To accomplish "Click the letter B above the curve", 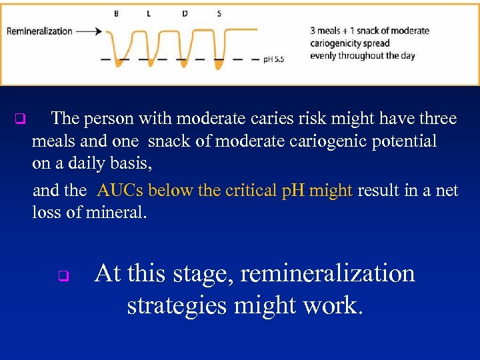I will click(x=117, y=13).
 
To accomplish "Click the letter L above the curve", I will click(x=148, y=13).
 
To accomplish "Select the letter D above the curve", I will click(x=185, y=13).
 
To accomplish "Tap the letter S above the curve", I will click(x=219, y=13).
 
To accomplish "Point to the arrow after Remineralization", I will click(x=89, y=31).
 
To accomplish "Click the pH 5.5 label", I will click(x=273, y=59).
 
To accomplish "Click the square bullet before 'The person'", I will click(x=19, y=120).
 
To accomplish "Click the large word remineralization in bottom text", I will click(x=327, y=274).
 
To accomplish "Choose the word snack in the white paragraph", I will click(x=168, y=141).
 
